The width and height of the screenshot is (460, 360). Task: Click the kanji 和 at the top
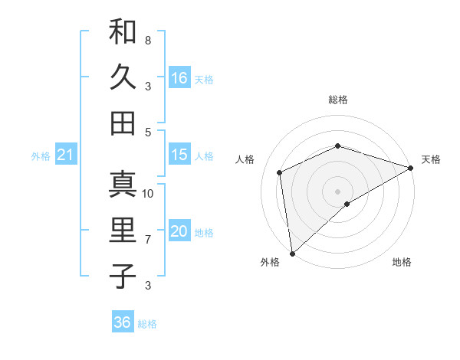point(123,32)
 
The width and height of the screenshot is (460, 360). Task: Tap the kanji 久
point(123,77)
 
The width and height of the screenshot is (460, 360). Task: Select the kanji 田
point(123,123)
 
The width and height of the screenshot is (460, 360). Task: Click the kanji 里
point(123,231)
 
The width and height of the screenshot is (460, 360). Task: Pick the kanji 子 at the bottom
point(123,276)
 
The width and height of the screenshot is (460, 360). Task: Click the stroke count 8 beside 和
point(147,40)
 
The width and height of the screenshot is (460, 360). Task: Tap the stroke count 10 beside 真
point(148,194)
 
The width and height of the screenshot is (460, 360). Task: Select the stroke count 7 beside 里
point(147,240)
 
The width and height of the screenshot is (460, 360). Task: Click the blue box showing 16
point(179,77)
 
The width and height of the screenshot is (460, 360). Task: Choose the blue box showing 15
point(179,155)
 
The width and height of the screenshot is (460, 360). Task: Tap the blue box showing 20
point(179,232)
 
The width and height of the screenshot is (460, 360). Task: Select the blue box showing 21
point(65,155)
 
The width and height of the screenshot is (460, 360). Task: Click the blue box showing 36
point(123,322)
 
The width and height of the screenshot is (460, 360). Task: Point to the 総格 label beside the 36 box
point(147,324)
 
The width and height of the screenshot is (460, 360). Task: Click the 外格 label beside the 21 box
point(41,156)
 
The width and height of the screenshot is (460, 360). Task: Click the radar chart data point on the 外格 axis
point(292,253)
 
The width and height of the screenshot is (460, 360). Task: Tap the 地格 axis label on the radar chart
point(402,263)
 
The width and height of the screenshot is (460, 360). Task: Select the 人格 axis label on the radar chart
point(245,159)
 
